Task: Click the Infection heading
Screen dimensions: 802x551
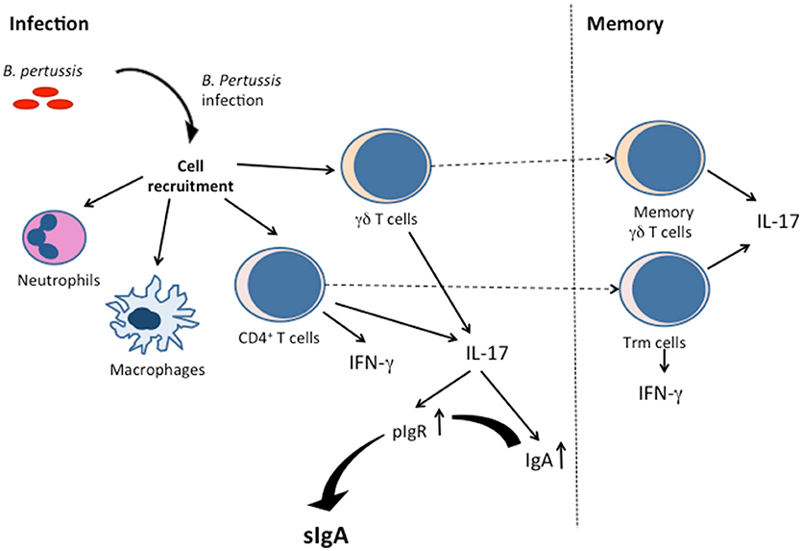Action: coord(49,24)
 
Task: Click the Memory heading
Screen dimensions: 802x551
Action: coord(625,24)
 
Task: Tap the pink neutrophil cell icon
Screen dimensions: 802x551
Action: coord(54,238)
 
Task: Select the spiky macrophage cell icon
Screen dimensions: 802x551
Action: coord(152,314)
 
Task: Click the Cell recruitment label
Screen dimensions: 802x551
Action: coord(191,176)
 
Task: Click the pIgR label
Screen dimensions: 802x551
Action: coord(410,433)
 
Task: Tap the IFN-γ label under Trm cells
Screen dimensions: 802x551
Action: coord(660,394)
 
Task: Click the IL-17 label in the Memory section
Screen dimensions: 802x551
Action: coord(777,221)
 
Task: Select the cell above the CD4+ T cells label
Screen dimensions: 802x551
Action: coord(279,283)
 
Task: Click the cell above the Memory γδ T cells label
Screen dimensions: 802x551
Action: coord(660,160)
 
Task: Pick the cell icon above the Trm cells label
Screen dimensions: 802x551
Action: coord(665,289)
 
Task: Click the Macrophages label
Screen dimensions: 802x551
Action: coord(158,369)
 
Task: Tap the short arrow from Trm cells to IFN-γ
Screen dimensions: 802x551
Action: coord(664,362)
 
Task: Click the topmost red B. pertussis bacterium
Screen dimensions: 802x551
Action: coord(45,91)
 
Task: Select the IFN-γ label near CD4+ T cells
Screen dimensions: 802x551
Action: coord(372,363)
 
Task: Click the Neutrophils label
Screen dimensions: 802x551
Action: coord(59,280)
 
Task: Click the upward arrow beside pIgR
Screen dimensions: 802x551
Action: coord(439,422)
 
